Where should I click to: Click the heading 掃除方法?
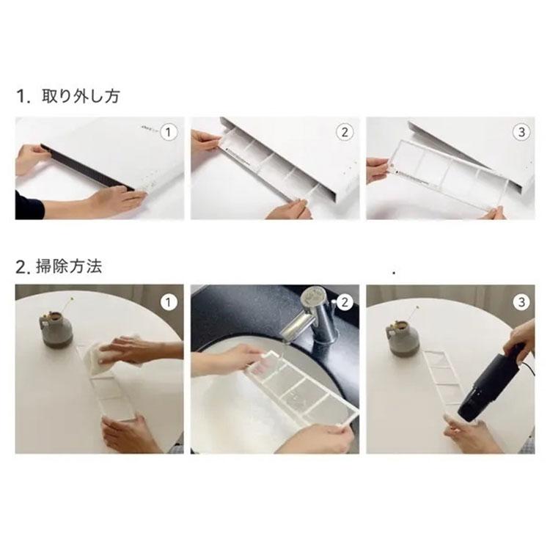tap(70, 267)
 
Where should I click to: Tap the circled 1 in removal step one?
tap(169, 132)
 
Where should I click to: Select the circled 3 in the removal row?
tap(521, 132)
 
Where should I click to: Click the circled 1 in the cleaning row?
tap(169, 301)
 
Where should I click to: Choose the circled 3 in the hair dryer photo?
tap(521, 301)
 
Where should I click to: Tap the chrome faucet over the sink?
tap(319, 315)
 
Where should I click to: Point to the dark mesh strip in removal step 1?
tap(88, 173)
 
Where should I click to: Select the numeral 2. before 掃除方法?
tap(23, 267)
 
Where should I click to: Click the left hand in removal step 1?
tap(31, 158)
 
